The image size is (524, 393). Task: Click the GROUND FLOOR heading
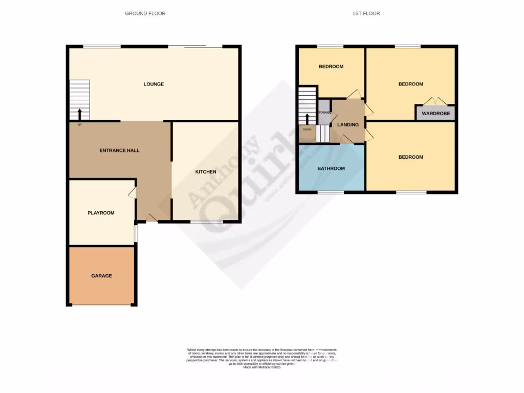point(145,13)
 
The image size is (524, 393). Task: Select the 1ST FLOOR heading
point(366,13)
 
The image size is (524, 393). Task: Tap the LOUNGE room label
point(154,84)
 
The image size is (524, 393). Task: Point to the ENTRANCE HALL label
point(120,150)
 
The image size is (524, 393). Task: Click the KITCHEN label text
point(206,172)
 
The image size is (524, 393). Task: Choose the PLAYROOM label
point(101,213)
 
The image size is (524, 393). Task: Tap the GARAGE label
point(101,276)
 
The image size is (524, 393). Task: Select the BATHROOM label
point(331,168)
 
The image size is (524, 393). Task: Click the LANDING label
point(348,124)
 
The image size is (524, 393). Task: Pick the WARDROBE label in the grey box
point(436,114)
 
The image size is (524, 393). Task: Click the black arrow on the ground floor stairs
point(79,113)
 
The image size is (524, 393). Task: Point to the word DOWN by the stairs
point(307,129)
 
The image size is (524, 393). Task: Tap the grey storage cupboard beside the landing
point(324,113)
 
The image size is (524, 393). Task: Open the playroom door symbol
point(132,192)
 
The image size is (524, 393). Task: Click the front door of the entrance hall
point(151,219)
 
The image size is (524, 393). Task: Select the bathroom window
point(331,192)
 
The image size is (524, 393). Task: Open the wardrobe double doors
point(435,101)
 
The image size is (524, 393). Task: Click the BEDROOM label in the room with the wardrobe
point(410,84)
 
